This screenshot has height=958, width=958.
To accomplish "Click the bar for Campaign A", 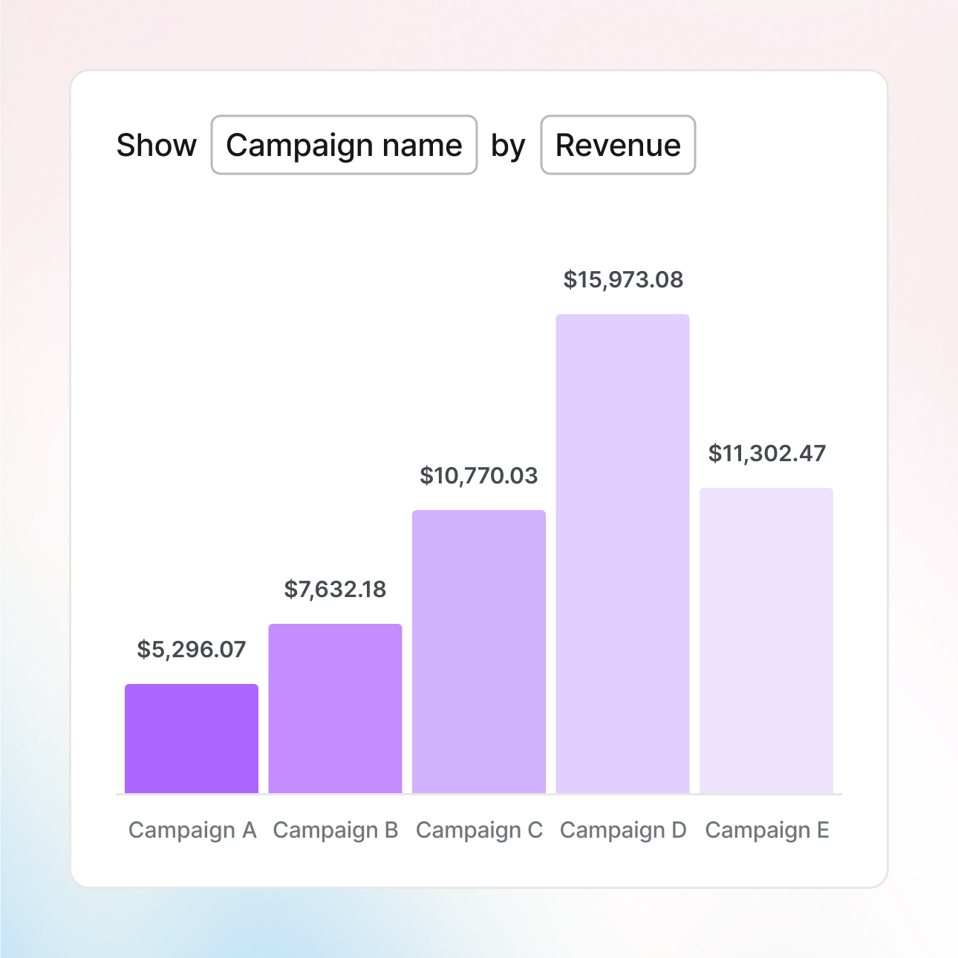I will (192, 738).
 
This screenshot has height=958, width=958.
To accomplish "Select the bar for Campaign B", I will (335, 708).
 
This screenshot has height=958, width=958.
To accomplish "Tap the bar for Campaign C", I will (479, 651).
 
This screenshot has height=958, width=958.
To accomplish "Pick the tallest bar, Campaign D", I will (622, 553).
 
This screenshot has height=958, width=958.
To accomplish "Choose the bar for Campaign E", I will (766, 640).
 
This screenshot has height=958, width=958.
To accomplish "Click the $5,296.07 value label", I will (192, 650).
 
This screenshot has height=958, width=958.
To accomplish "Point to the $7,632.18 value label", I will (335, 590).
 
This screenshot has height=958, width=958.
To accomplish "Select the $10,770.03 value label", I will (479, 476).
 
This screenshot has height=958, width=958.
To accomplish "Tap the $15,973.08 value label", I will (623, 280).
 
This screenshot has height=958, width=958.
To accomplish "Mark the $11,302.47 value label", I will (767, 454).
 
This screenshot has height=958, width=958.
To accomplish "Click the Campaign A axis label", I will (192, 830).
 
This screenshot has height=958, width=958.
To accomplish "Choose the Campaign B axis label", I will (336, 830).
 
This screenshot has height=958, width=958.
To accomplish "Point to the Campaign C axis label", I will (479, 830).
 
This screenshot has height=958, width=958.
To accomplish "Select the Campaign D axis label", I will (623, 830).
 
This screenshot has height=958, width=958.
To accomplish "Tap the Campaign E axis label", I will (767, 830).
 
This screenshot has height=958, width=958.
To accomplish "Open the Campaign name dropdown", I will (344, 145).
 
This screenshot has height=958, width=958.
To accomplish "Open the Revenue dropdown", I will (618, 145).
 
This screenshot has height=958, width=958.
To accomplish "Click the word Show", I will (157, 146).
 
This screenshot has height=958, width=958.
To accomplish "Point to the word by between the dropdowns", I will (508, 146).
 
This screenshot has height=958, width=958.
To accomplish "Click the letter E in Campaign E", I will (823, 830).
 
